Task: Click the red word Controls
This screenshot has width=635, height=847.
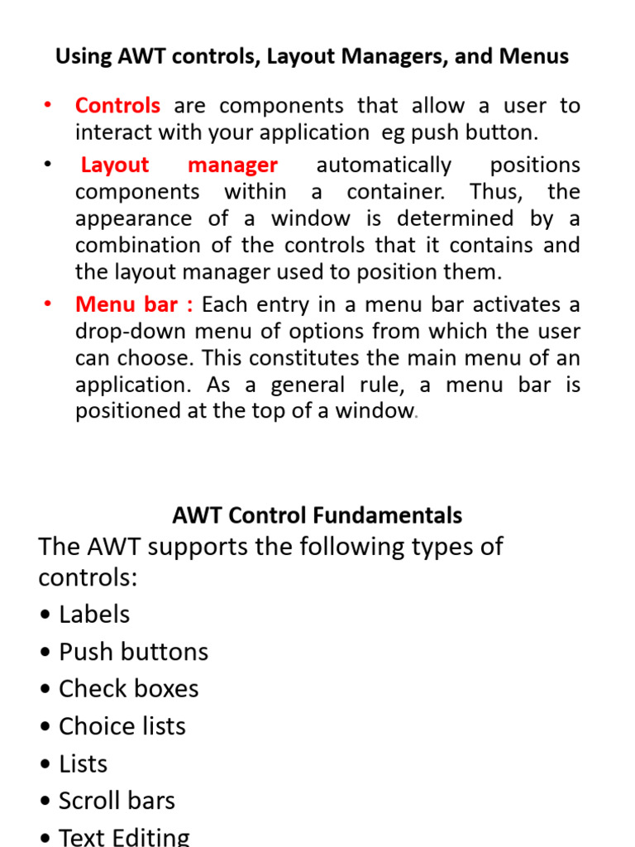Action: point(117,106)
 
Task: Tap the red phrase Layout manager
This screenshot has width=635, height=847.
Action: point(179,165)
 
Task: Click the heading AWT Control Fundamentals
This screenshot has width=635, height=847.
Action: point(317,515)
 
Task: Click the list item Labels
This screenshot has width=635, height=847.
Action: point(94,615)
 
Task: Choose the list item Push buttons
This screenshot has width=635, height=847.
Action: point(133,652)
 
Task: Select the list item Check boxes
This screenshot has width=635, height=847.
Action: point(128,689)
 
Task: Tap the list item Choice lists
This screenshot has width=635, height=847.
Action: point(122,726)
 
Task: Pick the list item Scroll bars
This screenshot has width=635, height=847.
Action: point(117,801)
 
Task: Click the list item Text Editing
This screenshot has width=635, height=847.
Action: point(124,837)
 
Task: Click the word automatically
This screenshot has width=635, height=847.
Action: point(384,165)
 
